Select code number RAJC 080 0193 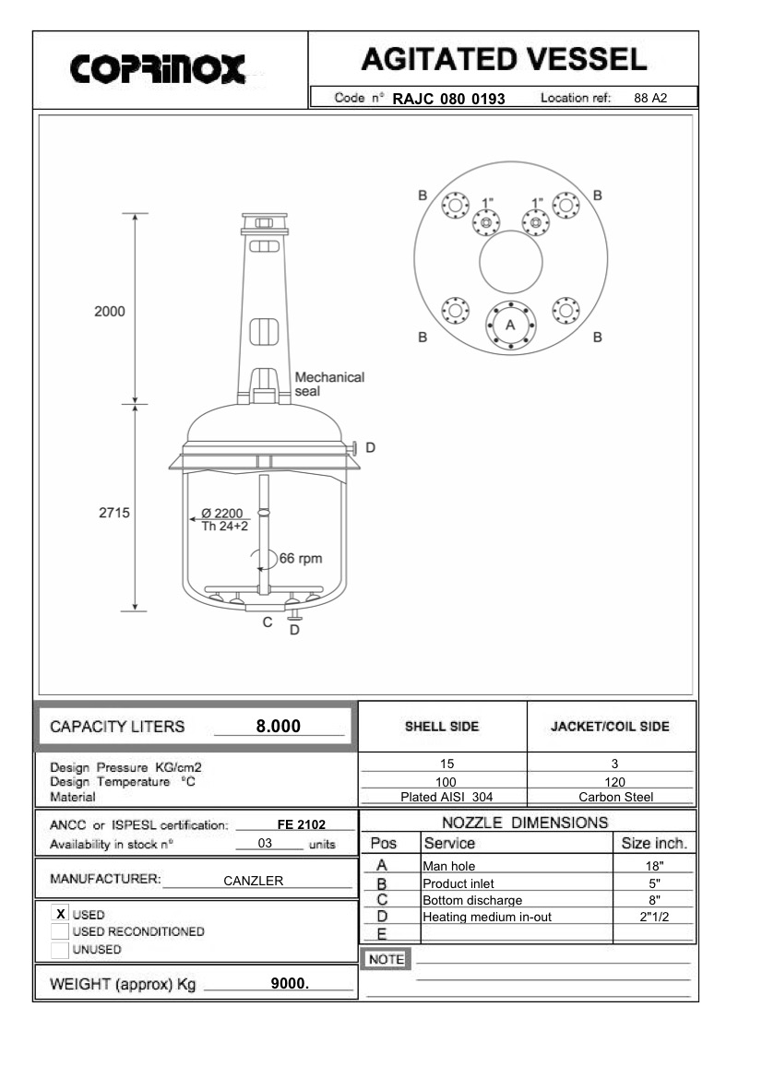pyautogui.click(x=449, y=98)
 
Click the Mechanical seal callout pyautogui.click(x=328, y=384)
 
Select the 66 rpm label pyautogui.click(x=301, y=558)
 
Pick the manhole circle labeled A pyautogui.click(x=510, y=325)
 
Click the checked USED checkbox pyautogui.click(x=61, y=914)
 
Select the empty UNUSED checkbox pyautogui.click(x=61, y=949)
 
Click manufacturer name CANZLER pyautogui.click(x=253, y=881)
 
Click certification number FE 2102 pyautogui.click(x=300, y=824)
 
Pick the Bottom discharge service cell pyautogui.click(x=472, y=900)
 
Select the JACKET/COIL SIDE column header pyautogui.click(x=611, y=727)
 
